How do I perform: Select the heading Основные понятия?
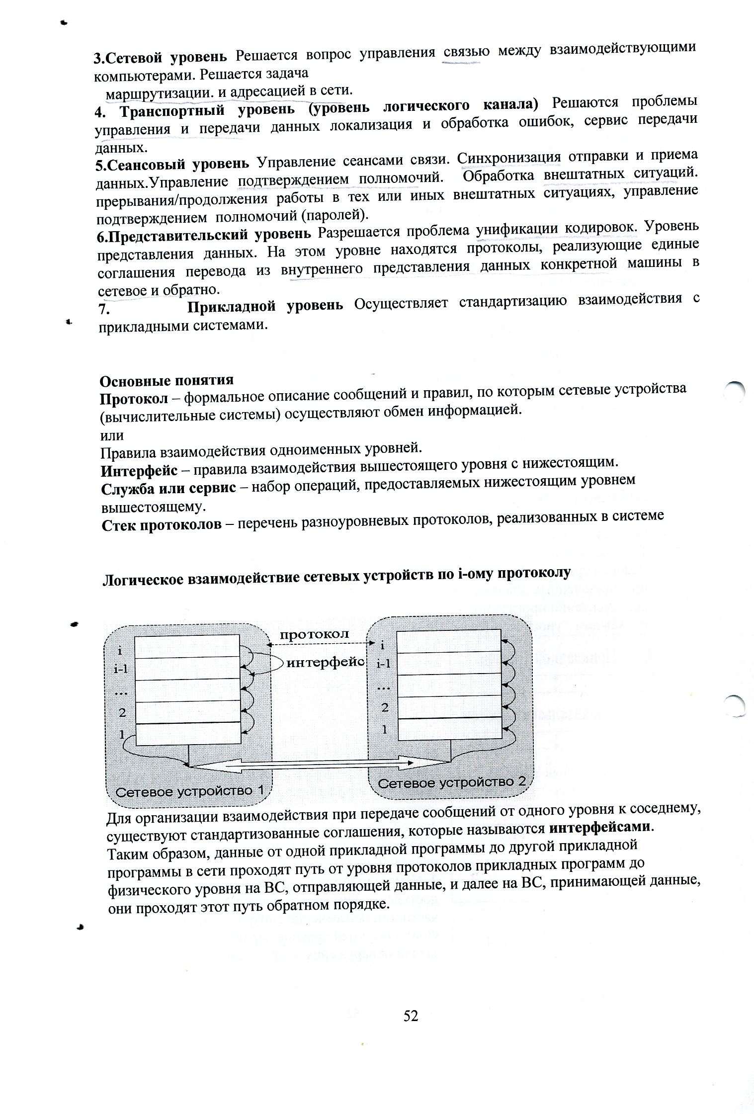167,381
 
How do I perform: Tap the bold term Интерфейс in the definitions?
139,470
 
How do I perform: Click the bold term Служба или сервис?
168,488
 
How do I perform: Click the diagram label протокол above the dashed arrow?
314,634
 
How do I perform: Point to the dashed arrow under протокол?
321,645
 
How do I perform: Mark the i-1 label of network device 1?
121,669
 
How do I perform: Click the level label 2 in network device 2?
385,708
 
